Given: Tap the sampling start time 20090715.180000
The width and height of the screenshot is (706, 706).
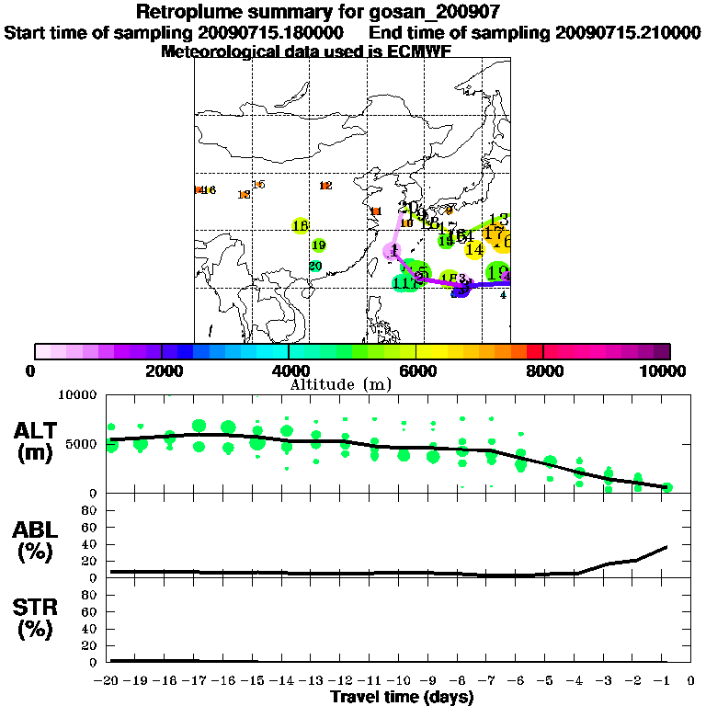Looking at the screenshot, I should click(x=277, y=32).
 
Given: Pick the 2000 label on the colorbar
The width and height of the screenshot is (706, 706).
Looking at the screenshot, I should click(x=162, y=370).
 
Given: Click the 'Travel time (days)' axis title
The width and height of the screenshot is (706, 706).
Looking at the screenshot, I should click(x=402, y=697).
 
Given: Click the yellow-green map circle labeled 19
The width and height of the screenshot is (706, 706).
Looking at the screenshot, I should click(x=318, y=245).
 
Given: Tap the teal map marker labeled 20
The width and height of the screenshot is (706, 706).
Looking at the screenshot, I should click(x=315, y=267).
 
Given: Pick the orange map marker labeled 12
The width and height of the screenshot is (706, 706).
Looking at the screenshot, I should click(x=325, y=186).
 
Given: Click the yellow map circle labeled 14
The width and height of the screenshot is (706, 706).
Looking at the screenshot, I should click(x=474, y=249).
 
